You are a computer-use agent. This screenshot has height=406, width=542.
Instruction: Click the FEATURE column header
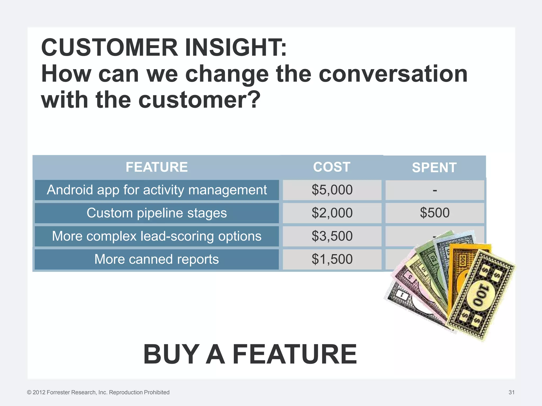(x=157, y=167)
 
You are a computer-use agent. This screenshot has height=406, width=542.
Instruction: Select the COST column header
(x=332, y=167)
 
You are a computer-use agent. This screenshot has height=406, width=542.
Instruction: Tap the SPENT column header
(x=434, y=168)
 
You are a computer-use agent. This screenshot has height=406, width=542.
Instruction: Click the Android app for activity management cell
(x=157, y=190)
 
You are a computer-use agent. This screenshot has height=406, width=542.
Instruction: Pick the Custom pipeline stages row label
(x=157, y=213)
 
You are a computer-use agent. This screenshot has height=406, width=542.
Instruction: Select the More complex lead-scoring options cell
(x=157, y=236)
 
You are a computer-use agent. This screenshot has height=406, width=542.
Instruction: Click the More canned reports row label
(x=157, y=259)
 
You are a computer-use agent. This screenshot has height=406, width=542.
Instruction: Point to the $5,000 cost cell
(x=332, y=190)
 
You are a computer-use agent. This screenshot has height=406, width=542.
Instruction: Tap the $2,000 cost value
(x=332, y=213)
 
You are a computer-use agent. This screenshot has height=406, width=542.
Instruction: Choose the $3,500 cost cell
(x=332, y=236)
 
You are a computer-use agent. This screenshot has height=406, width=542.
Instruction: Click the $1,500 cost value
(x=332, y=259)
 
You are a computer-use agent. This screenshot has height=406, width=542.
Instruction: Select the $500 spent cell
(x=435, y=213)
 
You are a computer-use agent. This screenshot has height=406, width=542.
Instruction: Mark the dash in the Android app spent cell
(x=435, y=190)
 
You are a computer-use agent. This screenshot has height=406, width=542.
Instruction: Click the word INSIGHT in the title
(x=236, y=48)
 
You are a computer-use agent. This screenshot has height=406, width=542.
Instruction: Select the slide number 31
(x=511, y=392)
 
